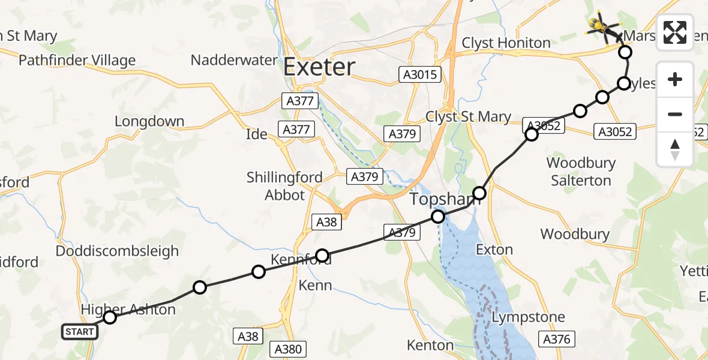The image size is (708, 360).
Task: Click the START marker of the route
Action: tap(79, 332)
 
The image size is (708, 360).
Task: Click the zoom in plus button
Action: tap(675, 80)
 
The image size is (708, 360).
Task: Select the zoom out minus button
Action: tap(675, 114)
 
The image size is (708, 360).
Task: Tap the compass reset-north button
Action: tap(675, 149)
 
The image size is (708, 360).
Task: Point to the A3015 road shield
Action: tap(419, 74)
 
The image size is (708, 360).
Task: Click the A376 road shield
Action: tap(557, 340)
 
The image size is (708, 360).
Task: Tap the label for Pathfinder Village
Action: tap(77, 61)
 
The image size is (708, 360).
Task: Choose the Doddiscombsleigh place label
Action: tap(117, 251)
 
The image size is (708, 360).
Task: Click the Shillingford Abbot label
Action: tap(285, 186)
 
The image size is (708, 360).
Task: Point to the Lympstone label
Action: tap(528, 317)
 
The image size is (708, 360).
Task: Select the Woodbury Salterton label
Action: tap(579, 172)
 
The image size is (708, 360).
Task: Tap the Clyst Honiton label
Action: tap(506, 43)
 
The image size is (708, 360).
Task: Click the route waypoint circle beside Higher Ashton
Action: tap(109, 317)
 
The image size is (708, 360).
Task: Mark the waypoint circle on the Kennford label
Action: tap(322, 256)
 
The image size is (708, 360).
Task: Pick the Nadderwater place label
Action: tap(234, 61)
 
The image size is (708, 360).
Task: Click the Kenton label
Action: tap(430, 345)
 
